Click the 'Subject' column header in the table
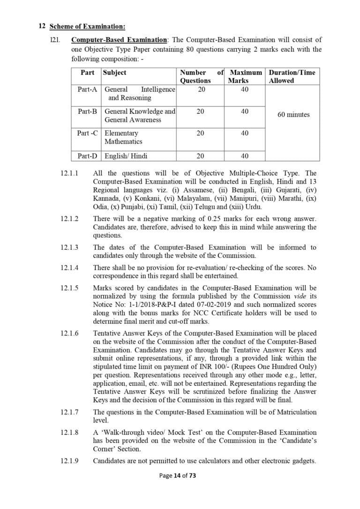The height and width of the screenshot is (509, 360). [114, 73]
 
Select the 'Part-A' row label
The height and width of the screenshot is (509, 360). [87, 90]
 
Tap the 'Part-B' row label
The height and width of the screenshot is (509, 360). [87, 112]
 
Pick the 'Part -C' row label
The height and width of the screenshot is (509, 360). [87, 134]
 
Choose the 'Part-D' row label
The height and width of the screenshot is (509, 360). [87, 156]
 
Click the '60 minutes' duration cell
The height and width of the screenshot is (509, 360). [293, 115]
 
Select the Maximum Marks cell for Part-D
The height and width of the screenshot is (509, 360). [245, 156]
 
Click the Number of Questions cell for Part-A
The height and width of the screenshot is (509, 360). [201, 90]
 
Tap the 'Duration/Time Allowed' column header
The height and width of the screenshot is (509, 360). [292, 76]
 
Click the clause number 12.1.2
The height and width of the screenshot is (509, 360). [69, 219]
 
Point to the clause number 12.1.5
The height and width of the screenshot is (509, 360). [69, 288]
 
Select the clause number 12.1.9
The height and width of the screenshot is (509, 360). [69, 461]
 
